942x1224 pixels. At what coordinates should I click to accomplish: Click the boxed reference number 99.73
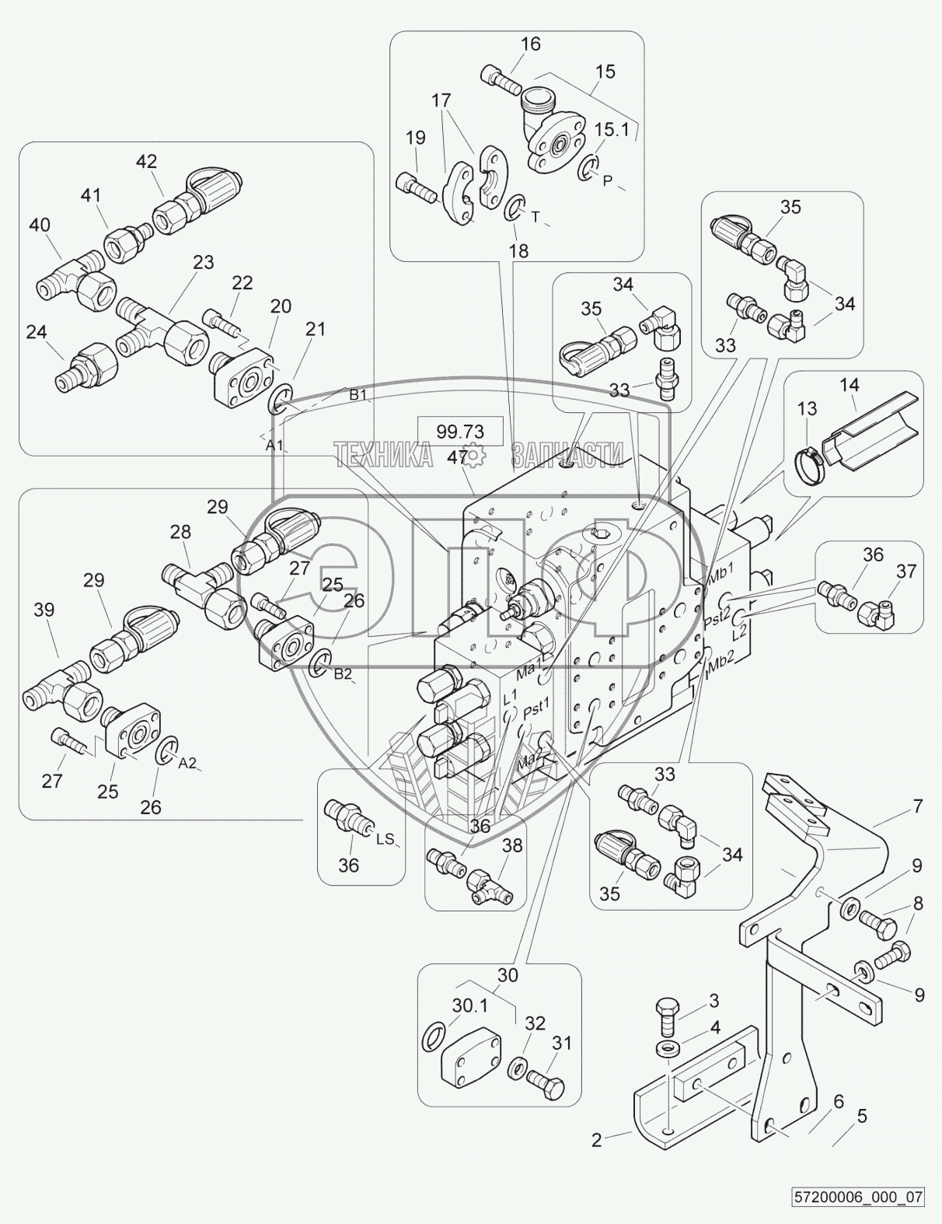point(460,432)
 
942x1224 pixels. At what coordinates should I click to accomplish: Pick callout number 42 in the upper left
point(146,162)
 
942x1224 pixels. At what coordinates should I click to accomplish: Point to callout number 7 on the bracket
point(918,806)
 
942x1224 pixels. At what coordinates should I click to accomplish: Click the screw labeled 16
point(503,81)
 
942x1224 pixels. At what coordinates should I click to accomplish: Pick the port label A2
point(187,763)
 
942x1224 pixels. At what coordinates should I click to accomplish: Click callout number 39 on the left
point(44,610)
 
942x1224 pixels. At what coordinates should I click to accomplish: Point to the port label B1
point(358,394)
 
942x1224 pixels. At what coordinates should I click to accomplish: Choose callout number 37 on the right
point(906,572)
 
